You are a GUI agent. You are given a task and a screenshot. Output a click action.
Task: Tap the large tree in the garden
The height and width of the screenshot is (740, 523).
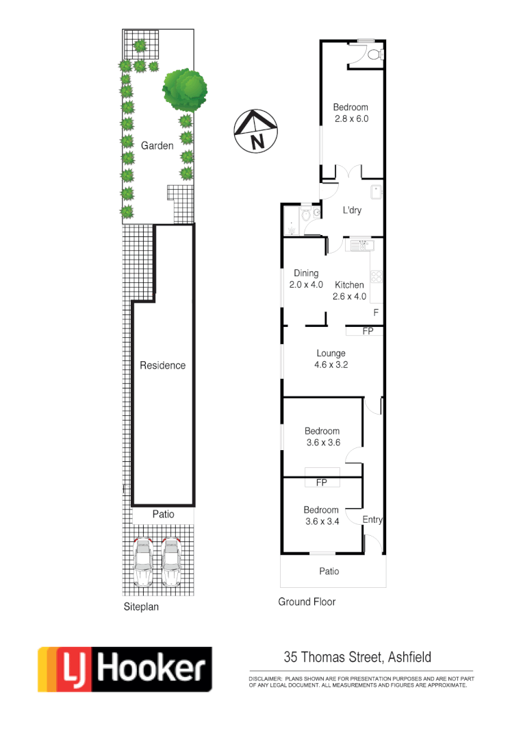(184, 90)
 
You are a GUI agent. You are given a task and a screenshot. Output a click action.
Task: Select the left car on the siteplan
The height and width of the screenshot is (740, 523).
(144, 562)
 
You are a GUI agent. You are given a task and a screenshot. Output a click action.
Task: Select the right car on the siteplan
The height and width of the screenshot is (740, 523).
(170, 562)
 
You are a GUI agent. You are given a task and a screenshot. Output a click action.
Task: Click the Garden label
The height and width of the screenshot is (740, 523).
(157, 146)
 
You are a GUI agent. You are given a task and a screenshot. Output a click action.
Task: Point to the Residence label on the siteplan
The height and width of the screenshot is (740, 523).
(162, 365)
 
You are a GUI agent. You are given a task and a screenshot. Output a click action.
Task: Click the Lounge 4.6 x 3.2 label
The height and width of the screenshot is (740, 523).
(331, 359)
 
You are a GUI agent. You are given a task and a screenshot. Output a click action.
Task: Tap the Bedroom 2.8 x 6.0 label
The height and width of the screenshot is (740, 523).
(350, 112)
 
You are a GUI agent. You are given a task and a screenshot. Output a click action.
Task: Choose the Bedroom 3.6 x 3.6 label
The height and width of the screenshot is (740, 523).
(322, 436)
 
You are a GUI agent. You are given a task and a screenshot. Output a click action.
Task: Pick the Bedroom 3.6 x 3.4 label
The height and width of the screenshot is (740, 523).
(321, 515)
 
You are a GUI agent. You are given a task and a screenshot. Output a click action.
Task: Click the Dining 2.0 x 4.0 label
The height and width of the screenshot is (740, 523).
(305, 279)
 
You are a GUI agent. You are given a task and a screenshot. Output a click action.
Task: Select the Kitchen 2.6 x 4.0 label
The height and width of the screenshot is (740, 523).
(349, 291)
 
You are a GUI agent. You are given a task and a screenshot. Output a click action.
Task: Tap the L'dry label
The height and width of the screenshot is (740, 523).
(352, 210)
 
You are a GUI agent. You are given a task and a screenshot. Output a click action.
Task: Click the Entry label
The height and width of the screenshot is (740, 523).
(372, 520)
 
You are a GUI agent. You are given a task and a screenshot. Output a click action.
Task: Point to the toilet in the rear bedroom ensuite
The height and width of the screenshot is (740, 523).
(374, 54)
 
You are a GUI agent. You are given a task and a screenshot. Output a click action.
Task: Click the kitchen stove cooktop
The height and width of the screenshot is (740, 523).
(376, 277)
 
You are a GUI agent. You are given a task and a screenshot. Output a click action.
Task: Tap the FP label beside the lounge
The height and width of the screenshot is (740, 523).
(368, 331)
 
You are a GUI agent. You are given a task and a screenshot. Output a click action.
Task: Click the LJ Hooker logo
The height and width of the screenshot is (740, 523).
(125, 669)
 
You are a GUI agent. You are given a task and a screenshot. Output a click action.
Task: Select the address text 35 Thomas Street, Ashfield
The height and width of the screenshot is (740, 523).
(357, 657)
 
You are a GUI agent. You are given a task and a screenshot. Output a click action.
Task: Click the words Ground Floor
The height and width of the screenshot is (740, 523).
(307, 602)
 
